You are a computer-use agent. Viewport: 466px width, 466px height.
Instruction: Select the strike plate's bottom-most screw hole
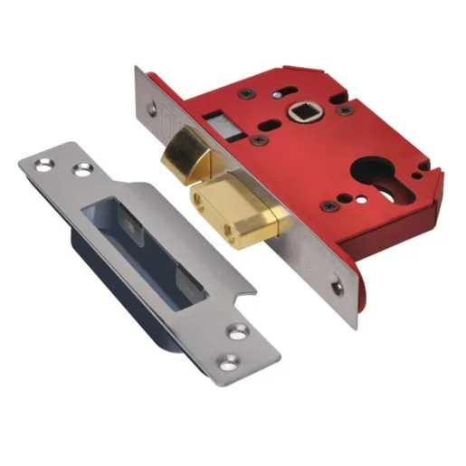[x=238, y=333]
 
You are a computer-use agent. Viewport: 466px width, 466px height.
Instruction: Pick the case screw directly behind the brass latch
[x=260, y=141]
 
